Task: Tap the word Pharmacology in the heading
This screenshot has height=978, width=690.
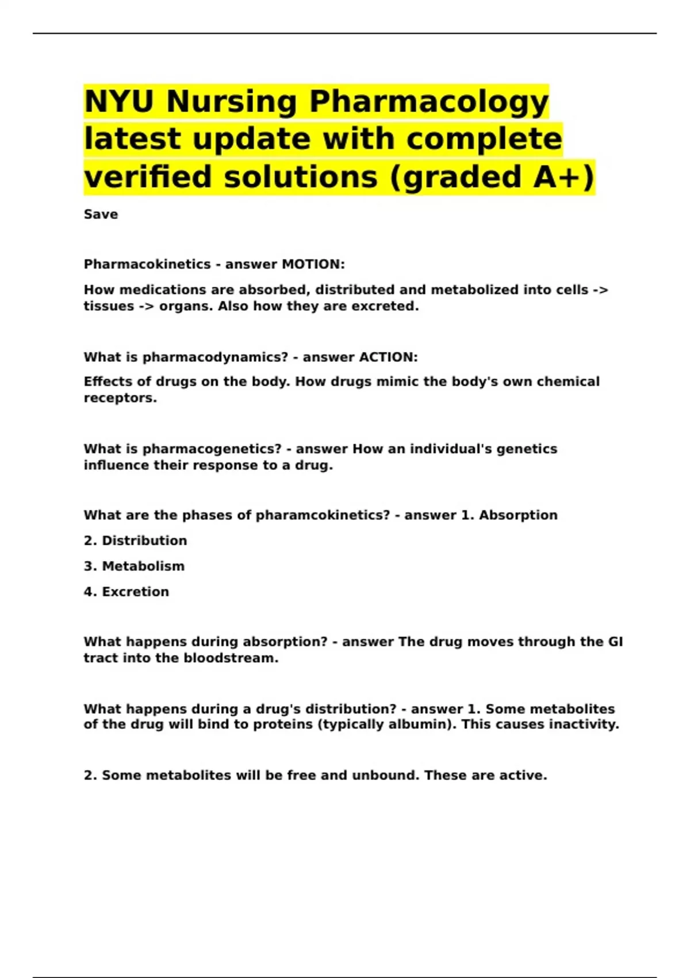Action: pos(429,102)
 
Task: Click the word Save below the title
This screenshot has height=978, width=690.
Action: pos(101,215)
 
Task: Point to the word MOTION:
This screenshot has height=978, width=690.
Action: pos(313,264)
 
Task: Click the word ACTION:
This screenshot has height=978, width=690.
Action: pos(388,357)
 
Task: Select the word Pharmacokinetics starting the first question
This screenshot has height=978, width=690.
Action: pos(147,264)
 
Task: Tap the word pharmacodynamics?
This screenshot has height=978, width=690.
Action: pos(215,357)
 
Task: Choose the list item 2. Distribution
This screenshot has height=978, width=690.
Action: pos(136,541)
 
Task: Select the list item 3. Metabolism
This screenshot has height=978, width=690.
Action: pos(135,566)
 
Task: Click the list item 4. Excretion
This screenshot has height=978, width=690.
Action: pos(126,591)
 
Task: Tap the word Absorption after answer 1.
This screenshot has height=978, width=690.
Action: pos(518,515)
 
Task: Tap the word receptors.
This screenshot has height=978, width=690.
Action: pos(120,398)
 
